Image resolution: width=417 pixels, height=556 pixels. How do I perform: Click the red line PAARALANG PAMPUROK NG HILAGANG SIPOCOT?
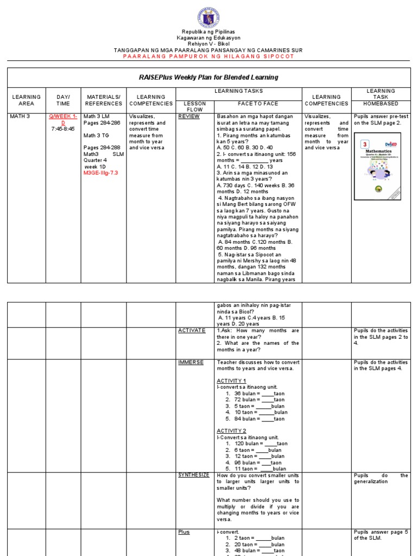coord(208,56)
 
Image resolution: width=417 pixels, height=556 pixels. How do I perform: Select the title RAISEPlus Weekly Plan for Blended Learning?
coord(208,77)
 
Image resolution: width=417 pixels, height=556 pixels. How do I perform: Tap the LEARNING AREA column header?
coord(26,100)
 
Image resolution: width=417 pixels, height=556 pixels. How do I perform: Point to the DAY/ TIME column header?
coord(63,100)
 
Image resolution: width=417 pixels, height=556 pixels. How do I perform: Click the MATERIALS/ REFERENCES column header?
coord(103,100)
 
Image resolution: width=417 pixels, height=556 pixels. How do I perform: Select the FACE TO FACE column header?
coord(258,103)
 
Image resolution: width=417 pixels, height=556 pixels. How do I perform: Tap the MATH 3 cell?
coord(21,116)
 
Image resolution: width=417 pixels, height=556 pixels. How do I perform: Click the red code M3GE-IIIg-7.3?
coord(101,173)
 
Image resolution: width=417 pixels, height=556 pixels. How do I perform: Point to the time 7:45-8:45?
coord(63,129)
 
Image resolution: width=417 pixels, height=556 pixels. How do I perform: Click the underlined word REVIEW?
coord(189,116)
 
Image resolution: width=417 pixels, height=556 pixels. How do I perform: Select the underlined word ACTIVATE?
coord(192,330)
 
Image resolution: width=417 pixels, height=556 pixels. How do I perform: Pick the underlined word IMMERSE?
coord(191,362)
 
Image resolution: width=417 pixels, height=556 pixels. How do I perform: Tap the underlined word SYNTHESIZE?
coord(194,475)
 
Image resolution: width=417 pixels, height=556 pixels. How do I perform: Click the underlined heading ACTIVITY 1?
coord(231,381)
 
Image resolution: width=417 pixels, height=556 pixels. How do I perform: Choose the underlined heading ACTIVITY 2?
coord(231,431)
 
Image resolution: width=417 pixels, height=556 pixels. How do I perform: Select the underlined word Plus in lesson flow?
coord(184,532)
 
